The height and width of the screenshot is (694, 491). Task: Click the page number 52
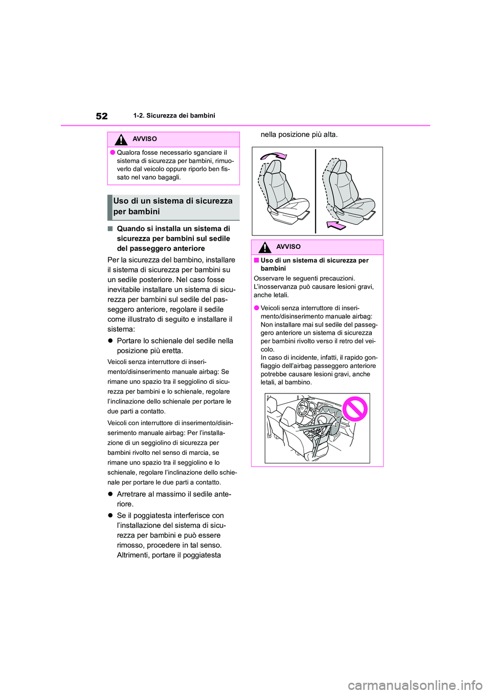tap(102, 116)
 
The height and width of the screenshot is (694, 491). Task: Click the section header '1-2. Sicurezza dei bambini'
tap(174, 115)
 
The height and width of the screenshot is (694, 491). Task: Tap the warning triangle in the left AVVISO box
tap(121, 140)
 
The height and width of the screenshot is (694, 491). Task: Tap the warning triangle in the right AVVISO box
tap(264, 247)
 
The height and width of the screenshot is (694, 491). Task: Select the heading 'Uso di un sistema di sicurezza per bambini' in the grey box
tap(173, 206)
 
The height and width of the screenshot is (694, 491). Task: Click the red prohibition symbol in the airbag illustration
tap(354, 409)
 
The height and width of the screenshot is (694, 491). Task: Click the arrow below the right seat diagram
tap(337, 225)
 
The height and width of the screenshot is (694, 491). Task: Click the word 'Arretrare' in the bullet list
tap(133, 494)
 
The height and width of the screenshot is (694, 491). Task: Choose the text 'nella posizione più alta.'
tap(299, 134)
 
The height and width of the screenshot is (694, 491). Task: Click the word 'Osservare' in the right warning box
tap(268, 279)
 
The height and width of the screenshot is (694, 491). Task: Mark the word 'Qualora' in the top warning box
tap(128, 152)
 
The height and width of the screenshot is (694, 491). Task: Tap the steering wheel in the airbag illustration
tap(305, 409)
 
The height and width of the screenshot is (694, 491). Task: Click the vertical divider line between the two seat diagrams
tap(316, 191)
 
